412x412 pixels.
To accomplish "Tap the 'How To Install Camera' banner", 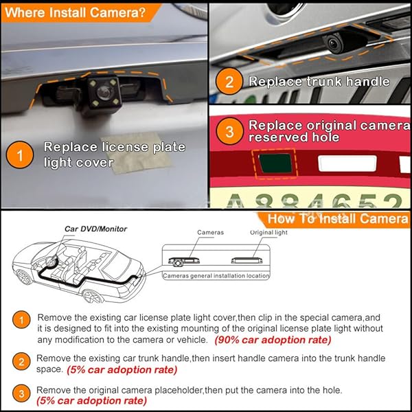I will pyautogui.click(x=337, y=218).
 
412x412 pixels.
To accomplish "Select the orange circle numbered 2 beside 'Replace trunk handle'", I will pyautogui.click(x=229, y=81).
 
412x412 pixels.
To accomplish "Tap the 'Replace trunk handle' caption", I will pyautogui.click(x=319, y=82).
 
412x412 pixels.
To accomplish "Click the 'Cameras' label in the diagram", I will pyautogui.click(x=210, y=233).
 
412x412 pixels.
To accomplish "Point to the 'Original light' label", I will pyautogui.click(x=268, y=233).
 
